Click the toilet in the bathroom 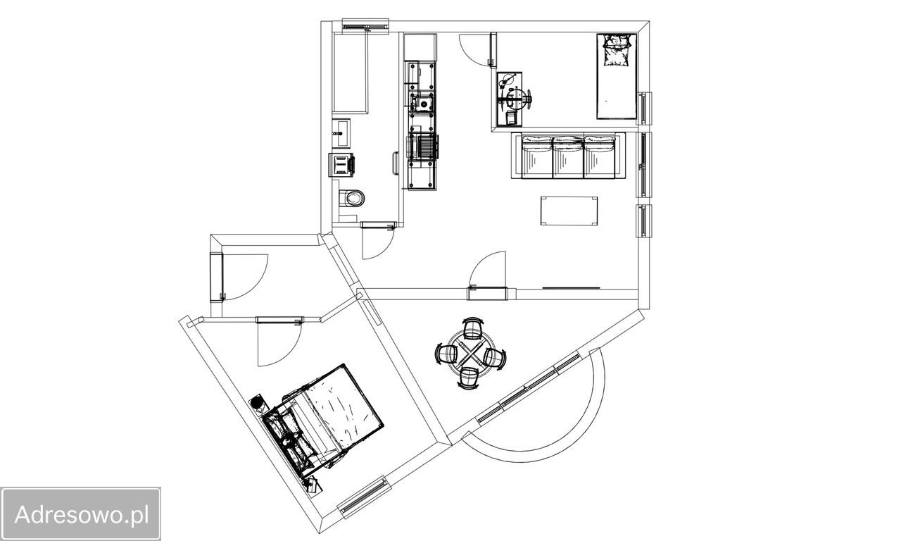[351, 198]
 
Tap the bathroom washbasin [341, 133]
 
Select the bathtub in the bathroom [351, 74]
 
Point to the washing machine [342, 165]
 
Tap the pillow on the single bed [617, 50]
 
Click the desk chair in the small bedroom [519, 99]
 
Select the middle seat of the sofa [568, 157]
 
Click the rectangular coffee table [569, 211]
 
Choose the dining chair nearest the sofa [472, 328]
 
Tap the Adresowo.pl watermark [81, 514]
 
